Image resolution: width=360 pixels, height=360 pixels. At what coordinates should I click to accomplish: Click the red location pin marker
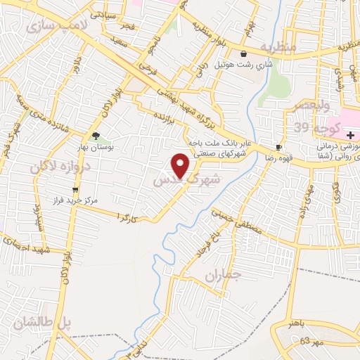(181, 165)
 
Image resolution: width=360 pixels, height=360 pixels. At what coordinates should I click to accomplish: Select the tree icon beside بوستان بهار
(96, 136)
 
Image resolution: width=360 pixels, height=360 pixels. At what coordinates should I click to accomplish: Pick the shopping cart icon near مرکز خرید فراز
(75, 190)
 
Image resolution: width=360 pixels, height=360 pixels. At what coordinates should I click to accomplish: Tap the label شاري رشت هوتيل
(242, 65)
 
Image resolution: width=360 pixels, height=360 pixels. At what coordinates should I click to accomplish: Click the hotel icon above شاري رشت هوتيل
(243, 53)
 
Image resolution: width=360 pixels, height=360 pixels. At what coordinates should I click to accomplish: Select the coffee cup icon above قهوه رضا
(279, 147)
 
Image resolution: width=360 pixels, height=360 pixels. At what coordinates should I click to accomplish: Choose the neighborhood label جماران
(223, 276)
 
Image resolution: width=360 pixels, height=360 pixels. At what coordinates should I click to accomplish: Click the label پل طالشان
(42, 323)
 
